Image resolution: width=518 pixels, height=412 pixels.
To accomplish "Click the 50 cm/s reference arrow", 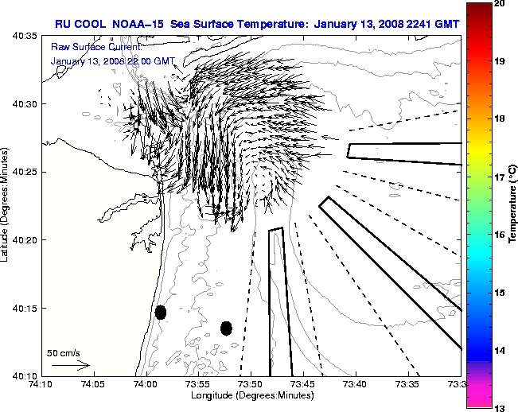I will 70,365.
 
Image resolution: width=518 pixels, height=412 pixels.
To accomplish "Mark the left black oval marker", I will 161,312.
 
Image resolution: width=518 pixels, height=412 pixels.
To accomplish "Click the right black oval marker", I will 226,328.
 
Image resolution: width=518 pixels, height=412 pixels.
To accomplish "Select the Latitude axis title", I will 7,205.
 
